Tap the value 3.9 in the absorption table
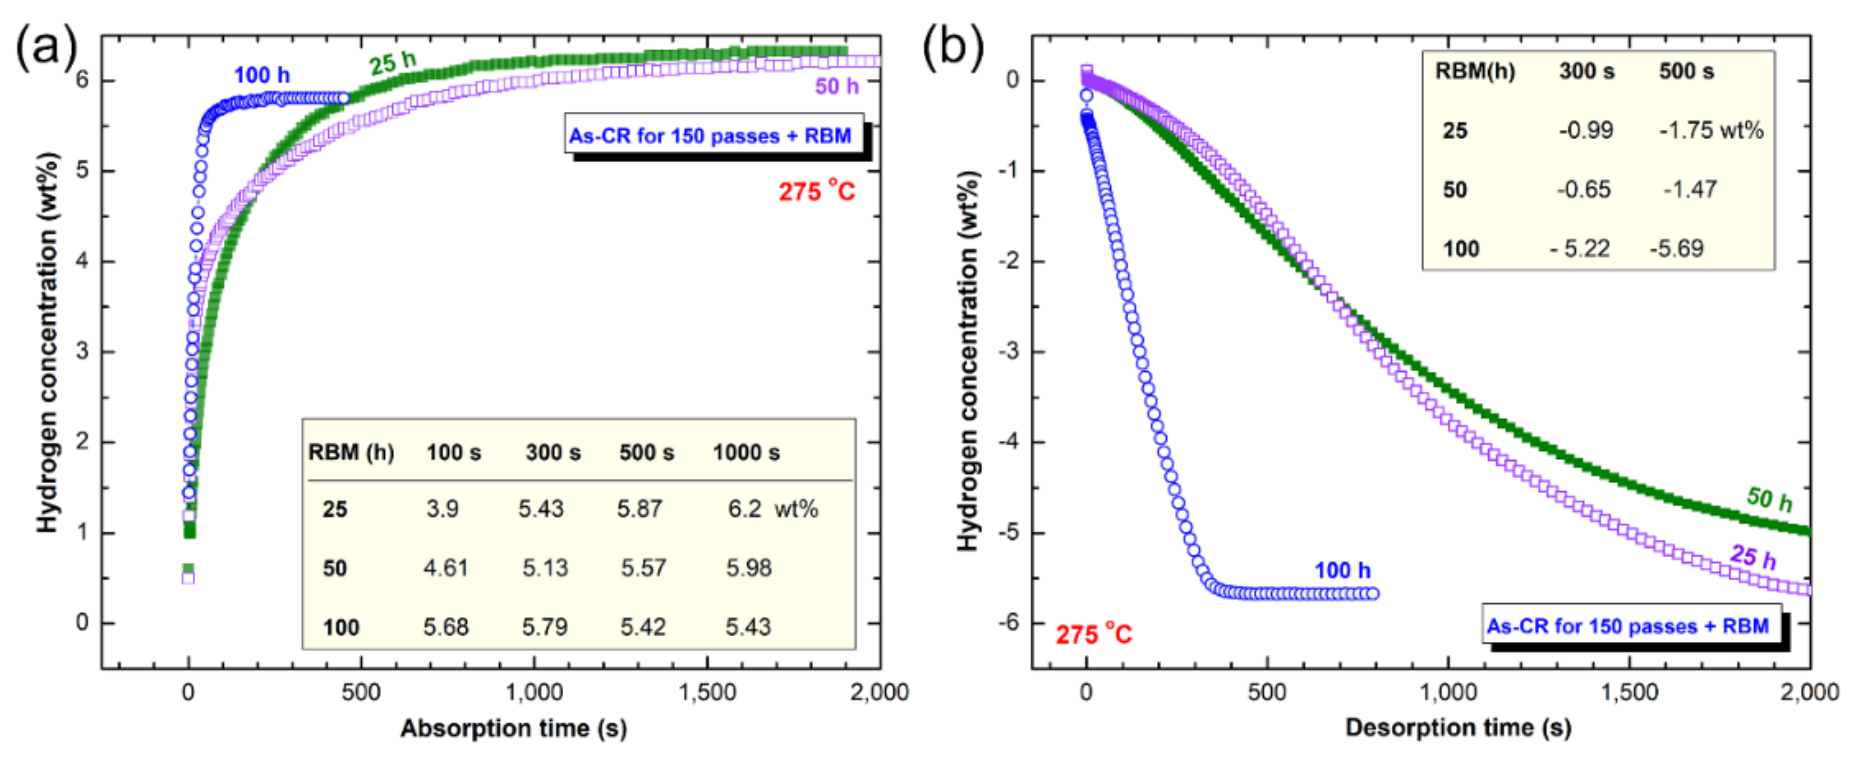point(442,509)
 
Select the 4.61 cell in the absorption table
point(445,568)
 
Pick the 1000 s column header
point(746,453)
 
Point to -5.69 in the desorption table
point(1677,249)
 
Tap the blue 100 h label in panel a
point(262,75)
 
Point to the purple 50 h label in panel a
point(836,87)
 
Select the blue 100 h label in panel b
point(1343,571)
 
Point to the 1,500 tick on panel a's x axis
point(707,693)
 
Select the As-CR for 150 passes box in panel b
point(1628,626)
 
